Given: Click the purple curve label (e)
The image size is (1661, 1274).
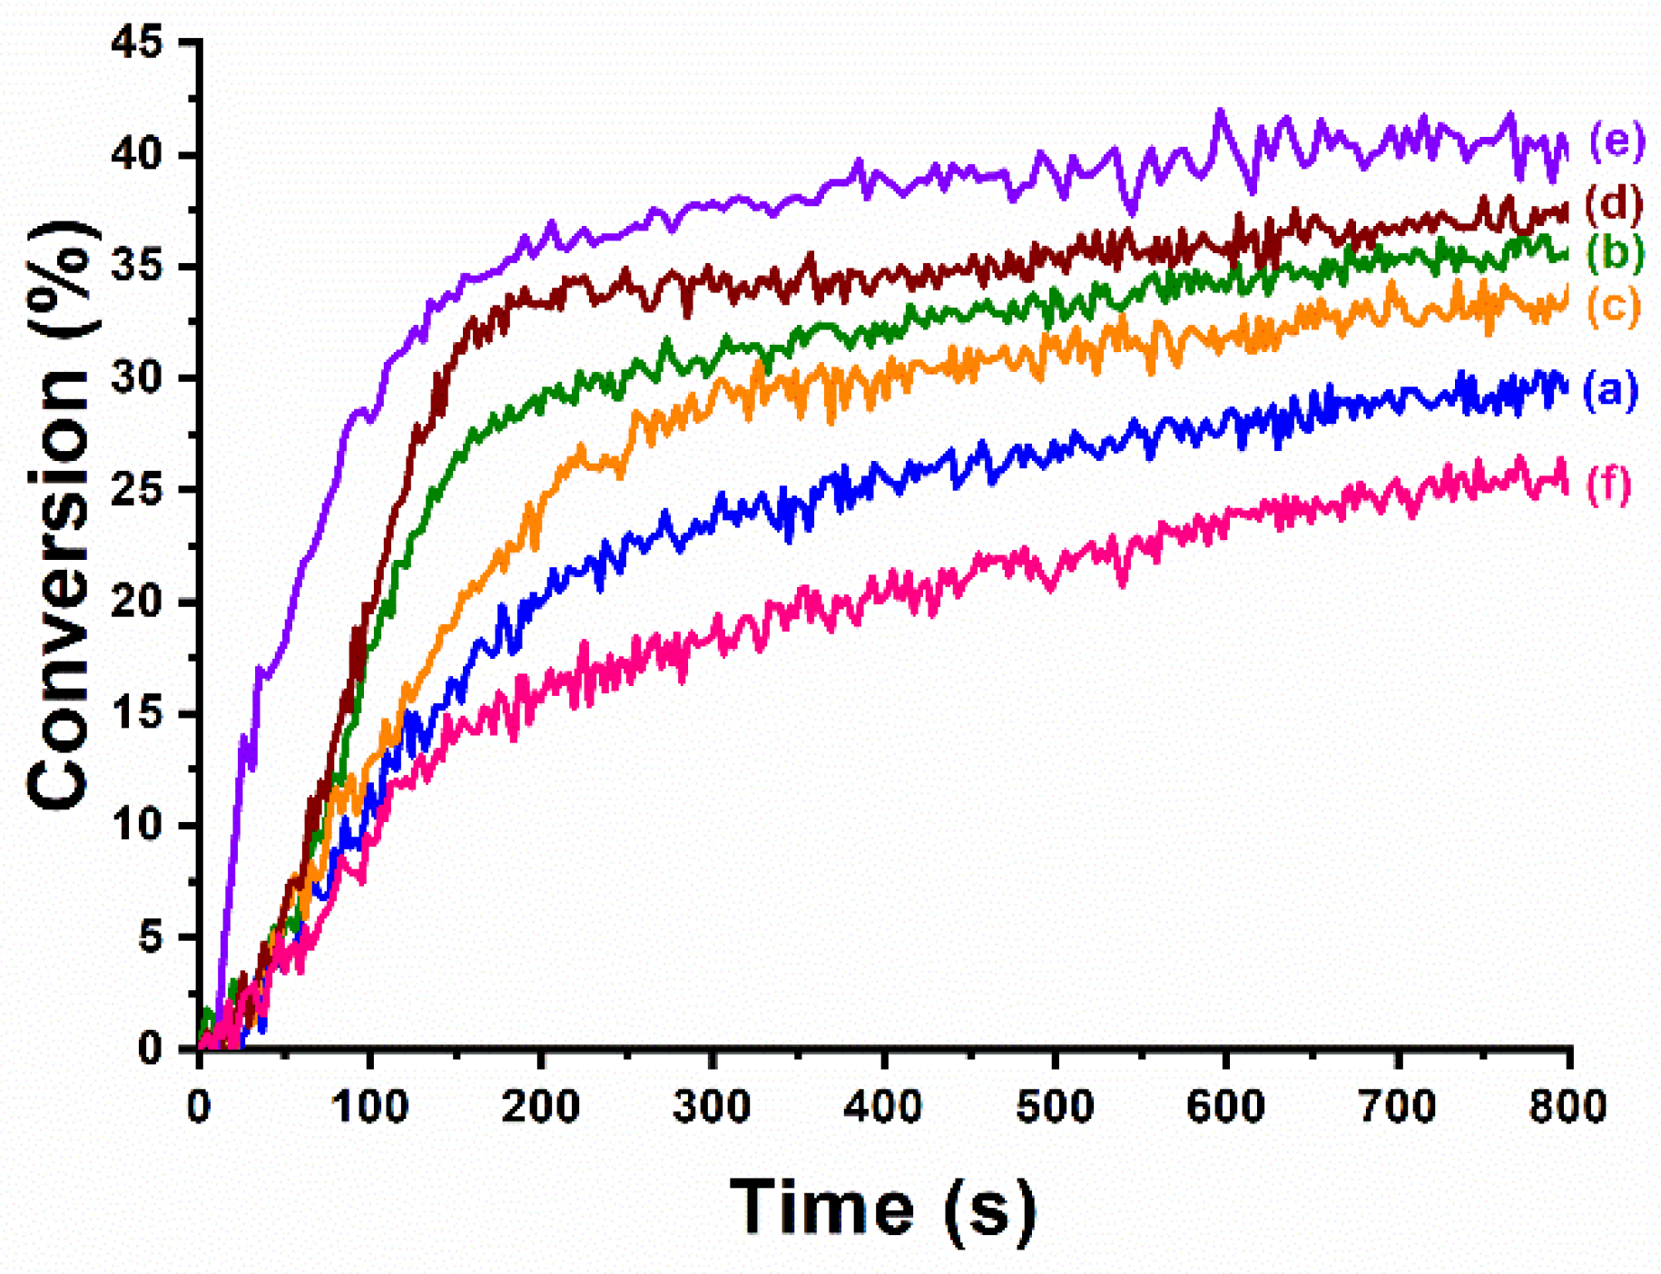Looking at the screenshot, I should click(1617, 142).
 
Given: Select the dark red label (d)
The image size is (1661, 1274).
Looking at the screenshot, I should click(1615, 202).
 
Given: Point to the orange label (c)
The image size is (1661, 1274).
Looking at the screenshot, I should click(1614, 306).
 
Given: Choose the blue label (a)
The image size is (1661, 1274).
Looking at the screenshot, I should click(1610, 389).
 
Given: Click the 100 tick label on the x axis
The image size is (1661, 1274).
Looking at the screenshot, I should click(369, 1107).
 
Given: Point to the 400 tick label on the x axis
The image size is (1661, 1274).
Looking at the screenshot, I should click(883, 1107).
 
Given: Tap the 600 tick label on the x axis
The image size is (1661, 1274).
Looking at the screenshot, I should click(1225, 1107).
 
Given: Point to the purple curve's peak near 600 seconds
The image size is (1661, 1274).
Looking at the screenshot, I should click(1221, 113).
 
